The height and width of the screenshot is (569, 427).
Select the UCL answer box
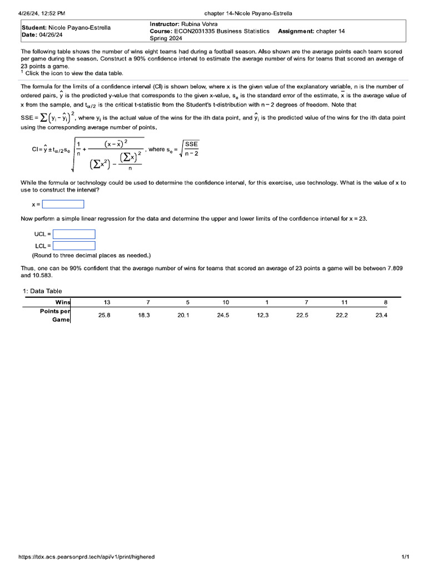click(74, 234)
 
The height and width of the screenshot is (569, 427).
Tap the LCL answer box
click(74, 246)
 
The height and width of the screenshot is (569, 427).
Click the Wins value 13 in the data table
click(107, 302)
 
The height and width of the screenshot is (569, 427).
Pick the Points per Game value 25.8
click(105, 315)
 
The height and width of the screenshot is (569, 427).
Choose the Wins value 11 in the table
click(345, 302)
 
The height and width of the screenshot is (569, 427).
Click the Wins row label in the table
click(63, 302)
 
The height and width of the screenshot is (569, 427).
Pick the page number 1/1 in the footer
click(405, 557)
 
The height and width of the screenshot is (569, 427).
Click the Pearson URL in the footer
click(87, 557)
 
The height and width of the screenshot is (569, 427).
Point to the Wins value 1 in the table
click(267, 302)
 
